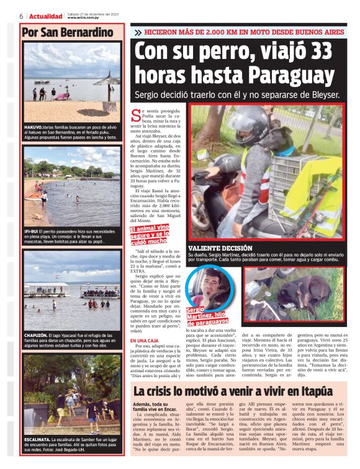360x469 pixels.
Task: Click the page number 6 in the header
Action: (x=21, y=15)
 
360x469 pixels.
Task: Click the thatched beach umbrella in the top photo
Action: (x=107, y=80)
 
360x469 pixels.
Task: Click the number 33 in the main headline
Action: (x=318, y=50)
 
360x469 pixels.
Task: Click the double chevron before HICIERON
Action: (x=137, y=32)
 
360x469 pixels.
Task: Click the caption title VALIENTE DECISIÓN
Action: (x=220, y=248)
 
